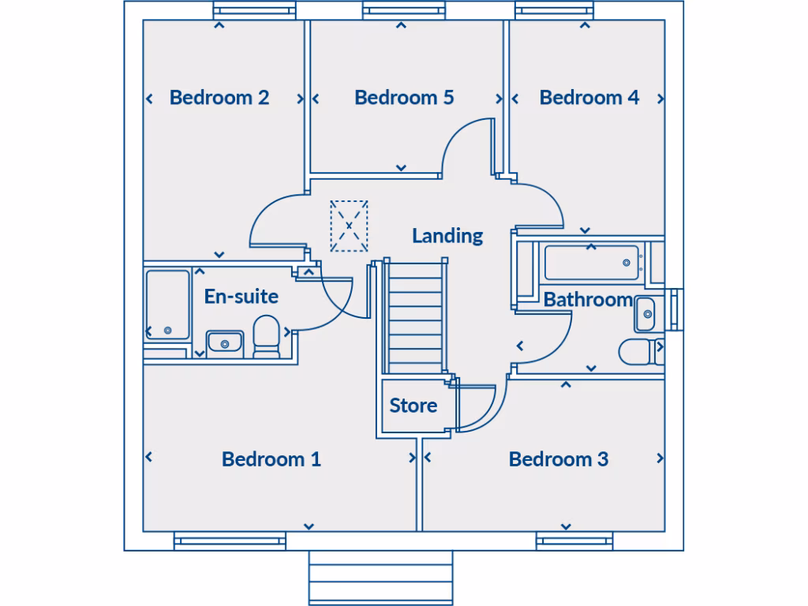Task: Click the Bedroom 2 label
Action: pos(219,98)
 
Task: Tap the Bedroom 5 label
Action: pos(404,98)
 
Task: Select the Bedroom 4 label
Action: pos(589,98)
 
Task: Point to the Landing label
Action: pos(447,235)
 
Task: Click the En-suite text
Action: pos(241,297)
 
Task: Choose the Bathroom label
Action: pos(588,300)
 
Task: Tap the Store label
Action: pos(413,406)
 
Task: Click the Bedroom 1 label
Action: pos(271,459)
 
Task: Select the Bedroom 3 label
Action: pos(559,459)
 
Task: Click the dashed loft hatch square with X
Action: pos(349,226)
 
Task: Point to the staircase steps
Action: pos(415,316)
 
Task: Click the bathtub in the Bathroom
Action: pos(591,263)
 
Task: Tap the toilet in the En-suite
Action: pos(267,336)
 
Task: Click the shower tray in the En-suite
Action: pos(167,305)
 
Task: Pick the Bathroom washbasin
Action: pos(645,314)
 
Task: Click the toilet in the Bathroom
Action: pos(639,351)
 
